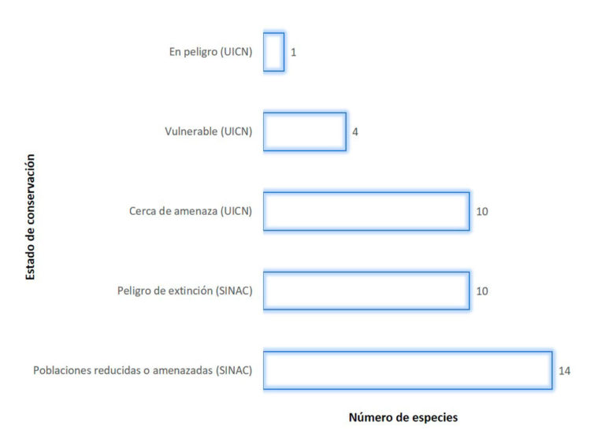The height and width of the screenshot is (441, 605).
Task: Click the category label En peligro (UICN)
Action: tap(210, 52)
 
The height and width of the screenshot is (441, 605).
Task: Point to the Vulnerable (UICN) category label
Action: tap(208, 132)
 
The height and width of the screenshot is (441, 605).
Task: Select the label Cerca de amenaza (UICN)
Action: tap(191, 211)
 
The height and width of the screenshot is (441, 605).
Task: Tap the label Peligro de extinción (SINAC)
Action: tap(185, 291)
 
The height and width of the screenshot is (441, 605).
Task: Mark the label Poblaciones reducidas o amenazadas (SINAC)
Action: tap(143, 370)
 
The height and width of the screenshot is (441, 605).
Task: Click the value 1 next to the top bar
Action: tap(294, 53)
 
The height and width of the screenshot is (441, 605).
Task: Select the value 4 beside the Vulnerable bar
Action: tap(355, 132)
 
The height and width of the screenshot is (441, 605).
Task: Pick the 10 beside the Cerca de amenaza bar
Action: tap(482, 211)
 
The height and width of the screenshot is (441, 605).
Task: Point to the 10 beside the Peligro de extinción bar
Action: tap(482, 291)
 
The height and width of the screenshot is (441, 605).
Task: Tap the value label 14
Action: tap(565, 371)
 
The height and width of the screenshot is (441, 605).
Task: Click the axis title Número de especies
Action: tap(403, 417)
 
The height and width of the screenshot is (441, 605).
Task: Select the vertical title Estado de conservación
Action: tap(30, 217)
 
